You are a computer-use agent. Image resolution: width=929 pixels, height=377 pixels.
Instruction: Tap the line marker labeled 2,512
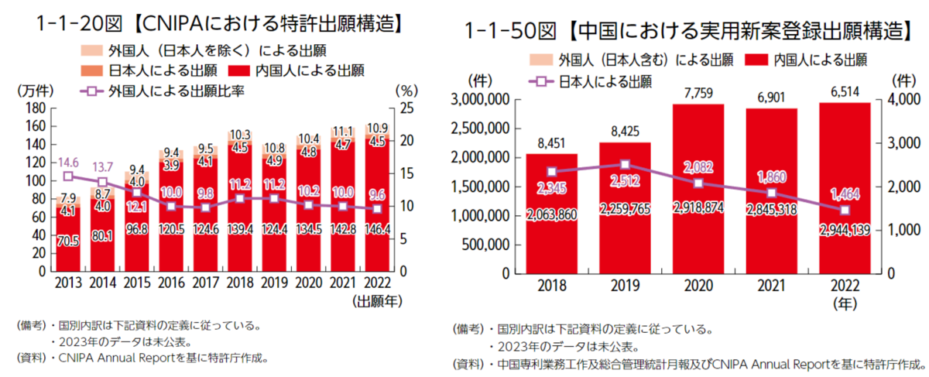[x=626, y=164]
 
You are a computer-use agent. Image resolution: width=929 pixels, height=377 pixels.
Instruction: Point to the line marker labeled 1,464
[x=845, y=210]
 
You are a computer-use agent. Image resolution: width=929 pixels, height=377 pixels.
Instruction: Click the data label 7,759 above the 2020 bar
[x=698, y=93]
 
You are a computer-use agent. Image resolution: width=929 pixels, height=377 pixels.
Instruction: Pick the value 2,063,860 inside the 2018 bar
[x=552, y=214]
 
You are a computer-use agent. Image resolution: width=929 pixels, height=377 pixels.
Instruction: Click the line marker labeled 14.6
[x=68, y=177]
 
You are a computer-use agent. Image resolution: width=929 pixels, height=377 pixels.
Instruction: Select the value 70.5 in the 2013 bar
[x=68, y=241]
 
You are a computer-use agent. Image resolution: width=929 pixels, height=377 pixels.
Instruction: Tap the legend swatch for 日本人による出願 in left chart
[x=90, y=70]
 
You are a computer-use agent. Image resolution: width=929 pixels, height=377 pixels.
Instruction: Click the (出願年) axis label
[x=377, y=300]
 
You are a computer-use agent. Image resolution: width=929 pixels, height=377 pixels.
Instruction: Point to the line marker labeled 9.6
[x=377, y=209]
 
